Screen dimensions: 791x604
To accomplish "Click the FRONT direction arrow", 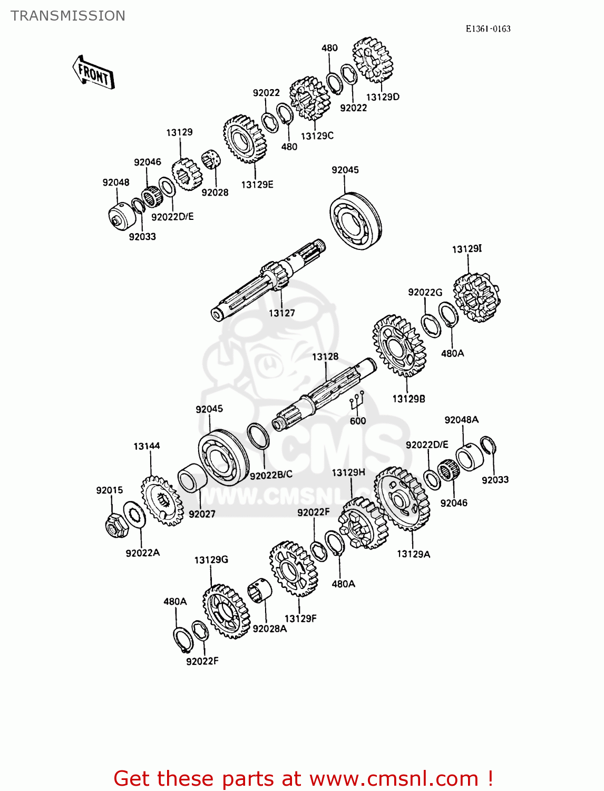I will pyautogui.click(x=93, y=73).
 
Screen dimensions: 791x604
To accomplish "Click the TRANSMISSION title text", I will pyautogui.click(x=68, y=16).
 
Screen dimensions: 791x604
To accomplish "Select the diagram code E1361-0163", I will pyautogui.click(x=488, y=29).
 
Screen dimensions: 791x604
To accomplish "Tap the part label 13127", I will pyautogui.click(x=281, y=313).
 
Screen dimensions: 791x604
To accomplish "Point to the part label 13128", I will pyautogui.click(x=325, y=357).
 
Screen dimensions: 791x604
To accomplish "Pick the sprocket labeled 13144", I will pyautogui.click(x=161, y=500).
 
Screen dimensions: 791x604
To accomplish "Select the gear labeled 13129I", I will pyautogui.click(x=476, y=297).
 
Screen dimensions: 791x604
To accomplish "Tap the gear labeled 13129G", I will pyautogui.click(x=226, y=611).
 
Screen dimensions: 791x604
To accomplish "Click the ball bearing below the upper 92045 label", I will pyautogui.click(x=355, y=221).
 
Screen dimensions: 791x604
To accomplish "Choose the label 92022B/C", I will pyautogui.click(x=271, y=475).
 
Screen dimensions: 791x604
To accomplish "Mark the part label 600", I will pyautogui.click(x=358, y=421).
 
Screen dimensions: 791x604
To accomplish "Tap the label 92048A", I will pyautogui.click(x=461, y=420).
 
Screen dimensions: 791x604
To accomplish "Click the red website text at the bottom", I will pyautogui.click(x=303, y=778).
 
